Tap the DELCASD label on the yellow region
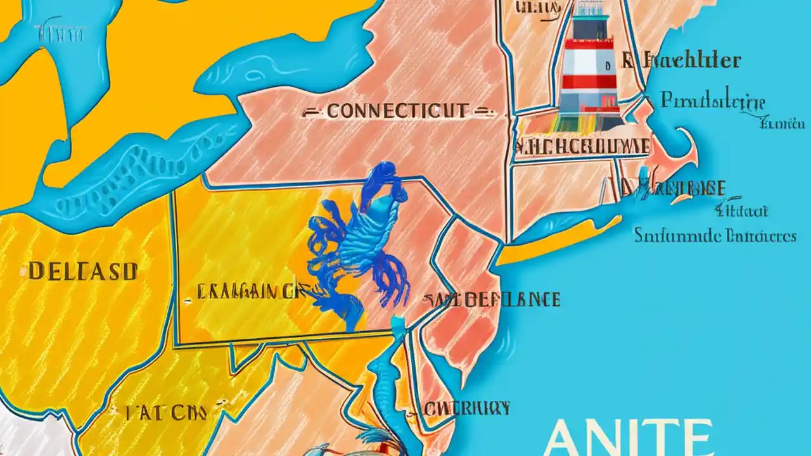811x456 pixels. coord(82,272)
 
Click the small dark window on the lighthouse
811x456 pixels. coord(608,65)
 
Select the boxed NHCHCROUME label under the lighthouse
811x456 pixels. coord(582,146)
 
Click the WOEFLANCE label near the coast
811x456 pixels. coord(495,299)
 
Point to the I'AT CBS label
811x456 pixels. coord(165,414)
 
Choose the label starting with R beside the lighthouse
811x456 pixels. coord(680,61)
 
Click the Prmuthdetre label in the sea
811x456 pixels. coord(713,101)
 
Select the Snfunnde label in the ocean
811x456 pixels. coord(715,236)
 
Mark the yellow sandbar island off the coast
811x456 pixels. coord(558,244)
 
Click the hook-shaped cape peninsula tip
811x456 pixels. coord(691,146)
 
